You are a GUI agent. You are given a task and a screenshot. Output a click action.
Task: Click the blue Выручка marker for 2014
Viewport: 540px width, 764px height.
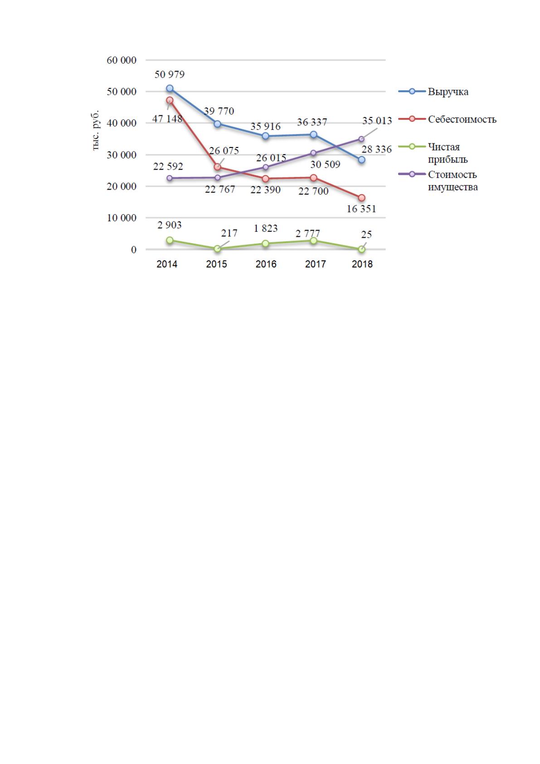click(x=170, y=88)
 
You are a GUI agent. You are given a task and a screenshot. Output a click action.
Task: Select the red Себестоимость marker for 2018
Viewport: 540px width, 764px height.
click(x=362, y=198)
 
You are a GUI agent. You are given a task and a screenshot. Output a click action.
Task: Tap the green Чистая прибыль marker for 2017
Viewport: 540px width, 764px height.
click(x=313, y=241)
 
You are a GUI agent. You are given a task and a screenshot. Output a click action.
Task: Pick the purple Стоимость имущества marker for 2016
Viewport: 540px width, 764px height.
click(x=266, y=167)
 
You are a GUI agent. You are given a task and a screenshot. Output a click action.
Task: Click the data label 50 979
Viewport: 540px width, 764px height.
click(x=170, y=74)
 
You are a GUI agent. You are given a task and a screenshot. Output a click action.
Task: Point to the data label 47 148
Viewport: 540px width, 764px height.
click(x=167, y=119)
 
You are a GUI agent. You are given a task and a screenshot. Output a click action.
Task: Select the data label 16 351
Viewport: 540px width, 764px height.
click(x=361, y=209)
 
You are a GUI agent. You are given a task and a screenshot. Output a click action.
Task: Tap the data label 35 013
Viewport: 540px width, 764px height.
click(x=377, y=121)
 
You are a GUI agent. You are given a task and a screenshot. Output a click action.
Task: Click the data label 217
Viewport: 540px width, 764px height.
click(x=229, y=233)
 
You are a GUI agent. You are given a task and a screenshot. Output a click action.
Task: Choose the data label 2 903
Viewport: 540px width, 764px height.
click(x=170, y=225)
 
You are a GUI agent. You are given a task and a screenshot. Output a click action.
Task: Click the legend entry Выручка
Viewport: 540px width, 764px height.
click(x=448, y=92)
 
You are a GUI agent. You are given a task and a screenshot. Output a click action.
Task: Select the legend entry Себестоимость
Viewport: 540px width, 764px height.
click(x=462, y=119)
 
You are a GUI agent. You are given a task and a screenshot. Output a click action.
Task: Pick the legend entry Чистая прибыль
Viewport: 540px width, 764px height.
click(x=448, y=153)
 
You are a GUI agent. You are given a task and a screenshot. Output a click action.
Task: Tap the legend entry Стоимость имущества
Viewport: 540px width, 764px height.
click(x=453, y=181)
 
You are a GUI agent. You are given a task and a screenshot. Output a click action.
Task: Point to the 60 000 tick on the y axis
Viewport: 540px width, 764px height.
click(x=122, y=60)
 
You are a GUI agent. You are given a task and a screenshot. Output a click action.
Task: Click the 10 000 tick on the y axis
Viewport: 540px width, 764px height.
click(x=122, y=218)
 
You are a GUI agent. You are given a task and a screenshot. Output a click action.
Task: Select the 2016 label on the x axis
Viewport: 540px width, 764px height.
click(x=266, y=264)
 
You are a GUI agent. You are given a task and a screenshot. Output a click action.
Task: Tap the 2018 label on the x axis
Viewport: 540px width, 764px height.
click(x=362, y=264)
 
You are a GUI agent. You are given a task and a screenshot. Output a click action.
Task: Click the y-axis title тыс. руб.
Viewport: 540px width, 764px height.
click(x=95, y=130)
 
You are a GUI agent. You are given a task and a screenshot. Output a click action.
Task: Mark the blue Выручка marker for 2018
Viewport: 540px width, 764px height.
click(x=362, y=160)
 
